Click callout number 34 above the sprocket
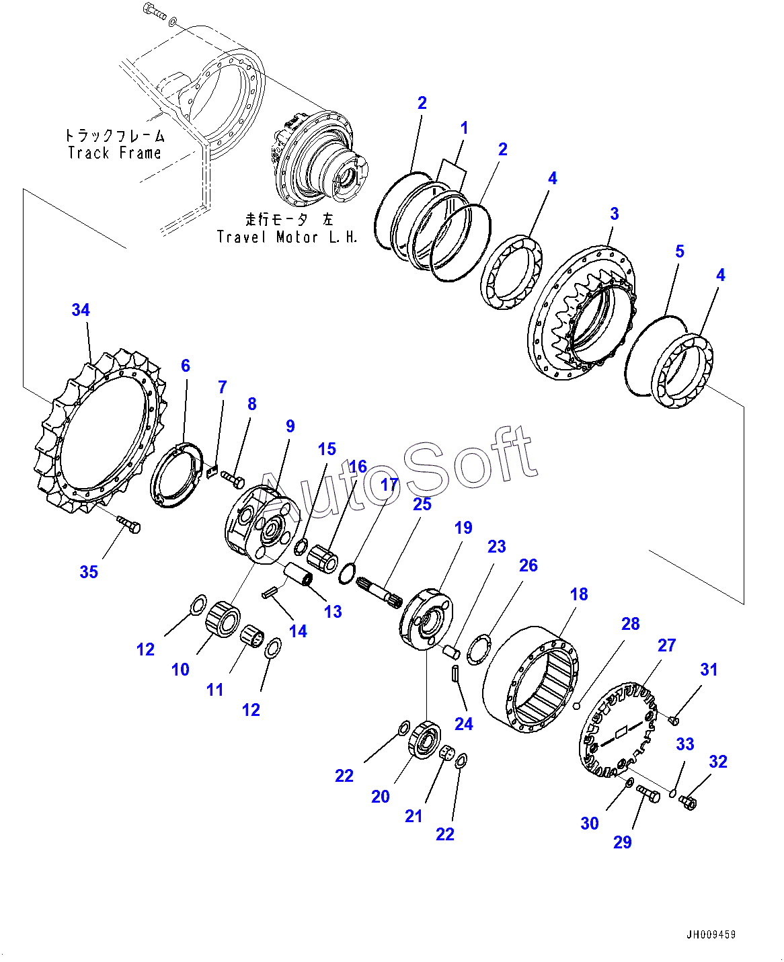tap(81, 310)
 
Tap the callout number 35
tap(89, 572)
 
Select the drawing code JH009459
tap(711, 935)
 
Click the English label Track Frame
tap(114, 153)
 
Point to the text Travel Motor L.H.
tap(287, 237)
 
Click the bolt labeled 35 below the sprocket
tap(129, 524)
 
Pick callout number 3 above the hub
tap(614, 214)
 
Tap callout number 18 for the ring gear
tap(579, 594)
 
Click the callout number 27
tap(666, 645)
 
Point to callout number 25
tap(422, 504)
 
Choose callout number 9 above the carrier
tap(290, 426)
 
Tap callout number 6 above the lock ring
tap(186, 366)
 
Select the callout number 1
tap(464, 128)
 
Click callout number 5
tap(680, 251)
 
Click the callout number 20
tap(381, 797)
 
